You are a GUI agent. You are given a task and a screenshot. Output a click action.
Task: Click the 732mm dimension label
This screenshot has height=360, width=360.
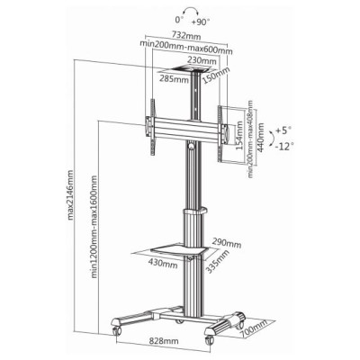[x=186, y=35]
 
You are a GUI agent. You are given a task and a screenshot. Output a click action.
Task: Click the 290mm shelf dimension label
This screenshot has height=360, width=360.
[x=228, y=243]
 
